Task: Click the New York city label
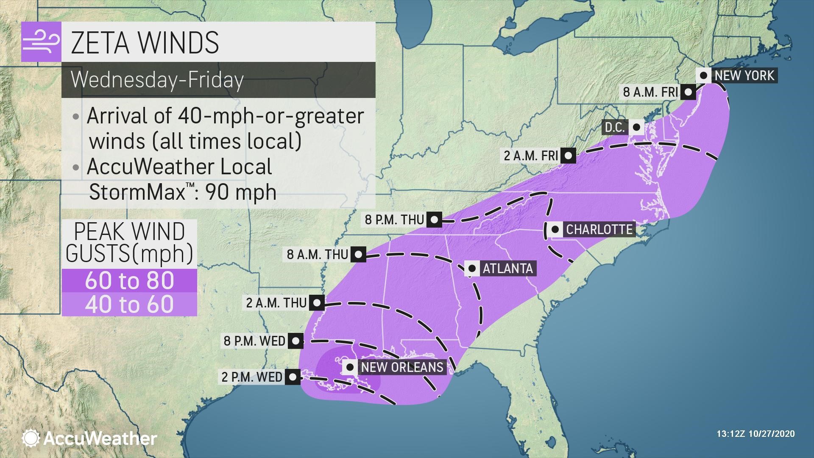pyautogui.click(x=744, y=76)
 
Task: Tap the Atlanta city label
pyautogui.click(x=507, y=268)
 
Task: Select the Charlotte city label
pyautogui.click(x=599, y=229)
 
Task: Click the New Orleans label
pyautogui.click(x=401, y=367)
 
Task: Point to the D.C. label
pyautogui.click(x=615, y=127)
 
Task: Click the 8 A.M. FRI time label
pyautogui.click(x=651, y=92)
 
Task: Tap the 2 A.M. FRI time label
pyautogui.click(x=531, y=156)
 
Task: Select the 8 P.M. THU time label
pyautogui.click(x=394, y=220)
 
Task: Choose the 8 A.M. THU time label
pyautogui.click(x=317, y=254)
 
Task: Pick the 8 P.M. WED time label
pyautogui.click(x=254, y=341)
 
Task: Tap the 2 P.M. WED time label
pyautogui.click(x=252, y=377)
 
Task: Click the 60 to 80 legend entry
pyautogui.click(x=129, y=281)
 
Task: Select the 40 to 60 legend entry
pyautogui.click(x=129, y=304)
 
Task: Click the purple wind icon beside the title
pyautogui.click(x=41, y=42)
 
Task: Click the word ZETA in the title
pyautogui.click(x=100, y=42)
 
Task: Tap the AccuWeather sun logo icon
pyautogui.click(x=31, y=438)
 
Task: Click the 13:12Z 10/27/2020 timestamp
pyautogui.click(x=755, y=434)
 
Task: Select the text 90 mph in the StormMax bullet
pyautogui.click(x=241, y=192)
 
